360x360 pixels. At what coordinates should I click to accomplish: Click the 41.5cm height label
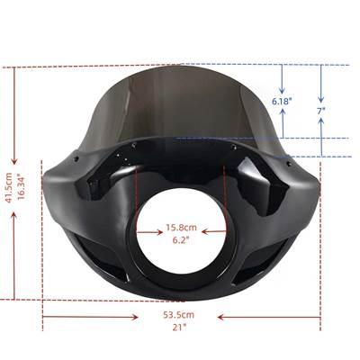pyautogui.click(x=9, y=188)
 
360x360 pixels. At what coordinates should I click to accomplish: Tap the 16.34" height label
pyautogui.click(x=21, y=187)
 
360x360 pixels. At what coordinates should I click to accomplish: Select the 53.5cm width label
pyautogui.click(x=179, y=315)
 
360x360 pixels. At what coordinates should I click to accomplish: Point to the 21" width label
pyautogui.click(x=179, y=327)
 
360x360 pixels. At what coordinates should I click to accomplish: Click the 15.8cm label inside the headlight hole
pyautogui.click(x=182, y=228)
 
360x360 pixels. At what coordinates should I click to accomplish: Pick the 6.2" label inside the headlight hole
pyautogui.click(x=181, y=239)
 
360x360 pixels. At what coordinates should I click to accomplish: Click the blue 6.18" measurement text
pyautogui.click(x=282, y=102)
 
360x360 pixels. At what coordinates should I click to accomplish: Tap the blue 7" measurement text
pyautogui.click(x=321, y=111)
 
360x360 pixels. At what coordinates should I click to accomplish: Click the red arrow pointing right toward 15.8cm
pyautogui.click(x=149, y=232)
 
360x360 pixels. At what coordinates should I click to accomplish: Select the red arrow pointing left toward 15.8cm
pyautogui.click(x=214, y=231)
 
